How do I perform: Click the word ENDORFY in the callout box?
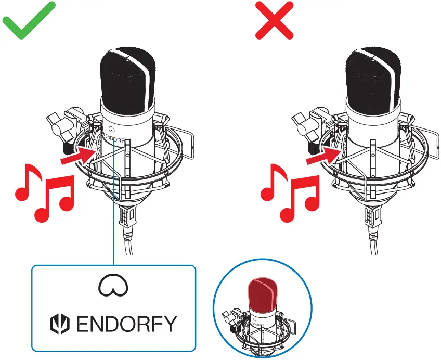126,324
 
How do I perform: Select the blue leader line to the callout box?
113,218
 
